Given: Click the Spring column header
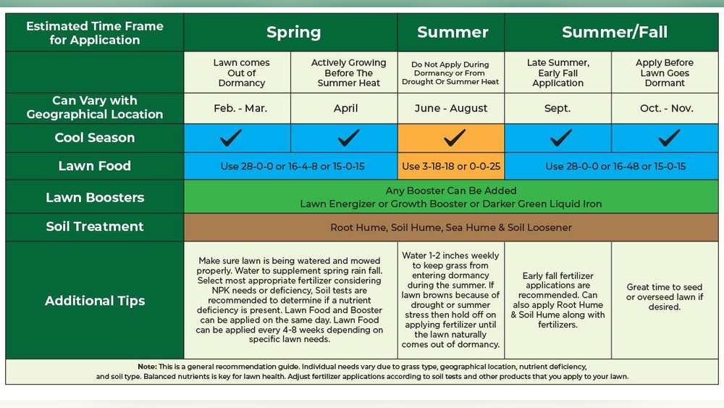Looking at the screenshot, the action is coord(293,32).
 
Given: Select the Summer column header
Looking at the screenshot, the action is coord(452,32).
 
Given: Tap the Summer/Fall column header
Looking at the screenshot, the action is coord(614,32).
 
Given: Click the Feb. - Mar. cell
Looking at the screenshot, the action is coord(241,109).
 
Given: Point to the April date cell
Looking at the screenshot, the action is coord(345,109).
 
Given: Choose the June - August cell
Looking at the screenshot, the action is coord(450,109).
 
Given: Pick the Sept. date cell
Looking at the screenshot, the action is coord(558,109).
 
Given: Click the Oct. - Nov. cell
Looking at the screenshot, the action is coord(665,109).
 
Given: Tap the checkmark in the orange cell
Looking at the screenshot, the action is coord(453,137).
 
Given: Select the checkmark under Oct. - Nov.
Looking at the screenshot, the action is coord(668,137).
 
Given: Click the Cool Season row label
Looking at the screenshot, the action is coord(94,138).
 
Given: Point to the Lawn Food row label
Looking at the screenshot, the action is coord(94,166).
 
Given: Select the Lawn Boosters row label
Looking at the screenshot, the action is coord(94,197).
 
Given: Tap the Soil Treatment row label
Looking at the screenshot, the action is coord(94,226).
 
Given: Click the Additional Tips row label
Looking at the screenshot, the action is coord(94,301).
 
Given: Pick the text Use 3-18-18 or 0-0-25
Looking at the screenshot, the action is coord(450,166).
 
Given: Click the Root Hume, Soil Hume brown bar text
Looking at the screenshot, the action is coord(450,228).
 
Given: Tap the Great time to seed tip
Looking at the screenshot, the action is coord(665,297).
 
